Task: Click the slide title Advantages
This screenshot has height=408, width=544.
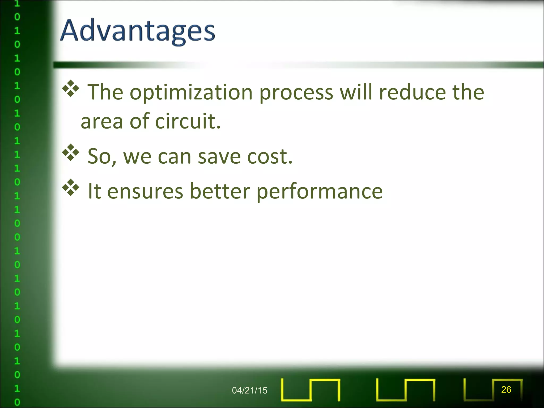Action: pyautogui.click(x=138, y=31)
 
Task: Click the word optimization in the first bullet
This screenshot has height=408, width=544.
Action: pyautogui.click(x=191, y=93)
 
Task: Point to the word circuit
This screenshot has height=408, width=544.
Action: pyautogui.click(x=188, y=121)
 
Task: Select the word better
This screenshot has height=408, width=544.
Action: pyautogui.click(x=220, y=191)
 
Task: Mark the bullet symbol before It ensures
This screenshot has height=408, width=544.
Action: pyautogui.click(x=71, y=188)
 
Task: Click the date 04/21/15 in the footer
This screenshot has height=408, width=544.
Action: pyautogui.click(x=249, y=390)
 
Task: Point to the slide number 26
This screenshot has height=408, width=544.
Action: pyautogui.click(x=506, y=389)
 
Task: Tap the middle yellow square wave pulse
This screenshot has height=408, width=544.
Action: pyautogui.click(x=406, y=390)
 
